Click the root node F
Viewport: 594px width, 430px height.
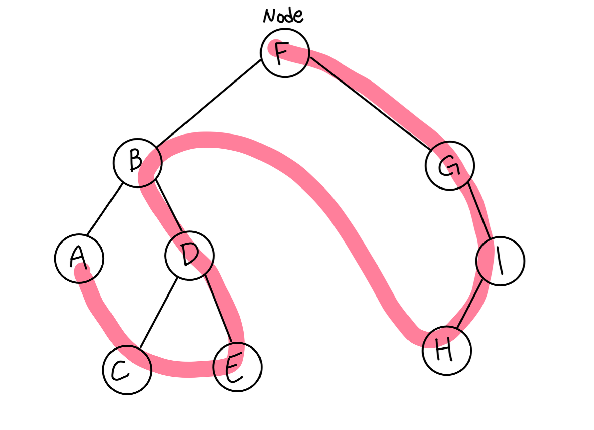[x=285, y=53]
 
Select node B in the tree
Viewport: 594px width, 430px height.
[x=138, y=163]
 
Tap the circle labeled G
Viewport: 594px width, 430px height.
[x=450, y=166]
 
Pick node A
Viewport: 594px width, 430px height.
[x=79, y=258]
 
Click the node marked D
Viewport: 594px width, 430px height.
[x=190, y=256]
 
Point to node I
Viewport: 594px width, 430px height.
[x=500, y=261]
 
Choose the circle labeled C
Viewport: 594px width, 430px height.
[x=127, y=370]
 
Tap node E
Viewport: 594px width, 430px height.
[x=237, y=367]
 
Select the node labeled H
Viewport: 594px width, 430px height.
[x=447, y=351]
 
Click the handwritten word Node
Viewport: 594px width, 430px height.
[x=283, y=16]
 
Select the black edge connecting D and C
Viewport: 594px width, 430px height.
[x=158, y=312]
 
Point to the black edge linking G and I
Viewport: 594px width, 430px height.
[x=479, y=210]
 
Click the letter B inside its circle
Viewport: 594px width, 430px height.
[x=136, y=160]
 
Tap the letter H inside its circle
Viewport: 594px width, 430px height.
[x=444, y=350]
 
